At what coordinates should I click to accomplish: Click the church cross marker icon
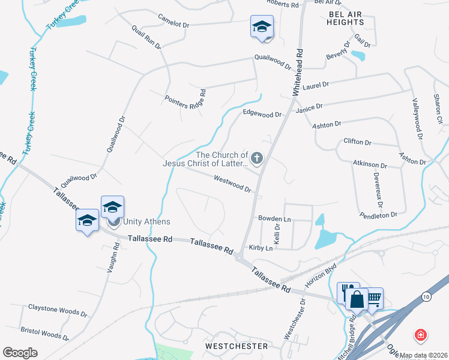pos(257,159)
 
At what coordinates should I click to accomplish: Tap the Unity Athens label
pos(147,222)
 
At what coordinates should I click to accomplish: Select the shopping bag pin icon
pos(357,299)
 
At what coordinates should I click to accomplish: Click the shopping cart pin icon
pos(373,298)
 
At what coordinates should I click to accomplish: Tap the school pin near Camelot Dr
pos(262,27)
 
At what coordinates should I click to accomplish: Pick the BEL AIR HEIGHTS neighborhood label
pos(346,17)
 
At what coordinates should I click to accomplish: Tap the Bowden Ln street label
pos(274,218)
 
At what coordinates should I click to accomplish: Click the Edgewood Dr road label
pos(262,113)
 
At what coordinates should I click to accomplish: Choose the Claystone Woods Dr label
pos(58,310)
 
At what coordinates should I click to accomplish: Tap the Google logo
pos(20,352)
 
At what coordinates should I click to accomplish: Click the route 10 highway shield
pos(426,296)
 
